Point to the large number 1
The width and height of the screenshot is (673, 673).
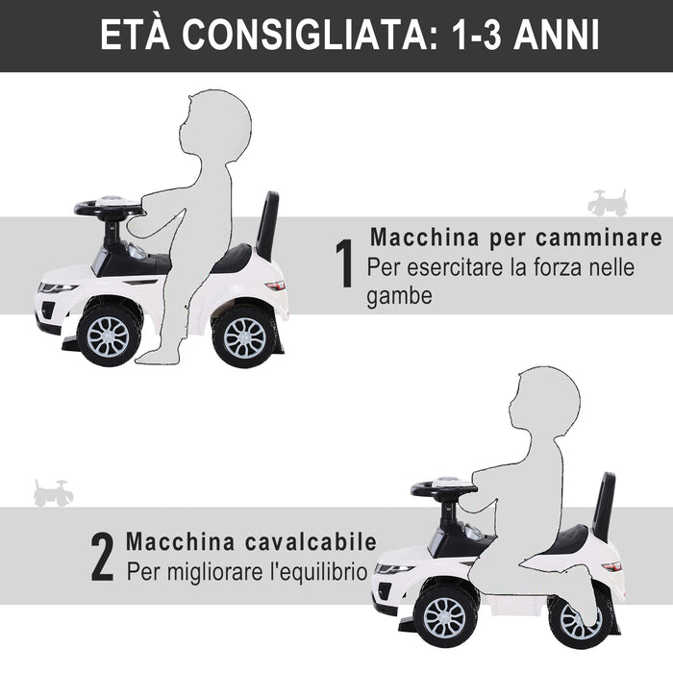[x=344, y=265]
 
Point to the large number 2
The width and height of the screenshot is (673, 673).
[x=103, y=559]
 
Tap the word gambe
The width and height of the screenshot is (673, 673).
[x=398, y=297]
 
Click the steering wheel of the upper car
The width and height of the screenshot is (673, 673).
[x=109, y=209]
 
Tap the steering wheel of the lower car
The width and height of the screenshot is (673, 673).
[x=443, y=490]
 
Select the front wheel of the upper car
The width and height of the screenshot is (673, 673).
[x=108, y=336]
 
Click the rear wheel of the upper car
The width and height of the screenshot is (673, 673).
[x=244, y=336]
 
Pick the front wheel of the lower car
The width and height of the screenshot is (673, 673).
[x=444, y=614]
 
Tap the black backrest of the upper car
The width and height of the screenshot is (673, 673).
[x=267, y=224]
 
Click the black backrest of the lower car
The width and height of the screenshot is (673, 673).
[x=604, y=506]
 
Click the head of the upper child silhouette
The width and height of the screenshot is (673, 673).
[x=219, y=125]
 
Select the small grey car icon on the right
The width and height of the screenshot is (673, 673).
[x=608, y=203]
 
